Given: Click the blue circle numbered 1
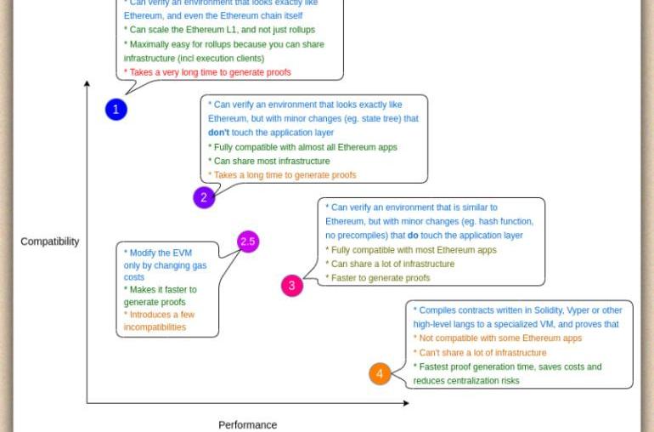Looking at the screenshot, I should pos(116,109).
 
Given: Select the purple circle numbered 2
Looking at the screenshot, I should pos(204,197).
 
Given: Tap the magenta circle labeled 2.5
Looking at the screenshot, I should pos(247,242).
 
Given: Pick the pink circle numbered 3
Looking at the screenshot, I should pos(291,286).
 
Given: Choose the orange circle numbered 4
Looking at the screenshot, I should pos(380,373).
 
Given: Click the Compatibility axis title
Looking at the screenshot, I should pos(50,242).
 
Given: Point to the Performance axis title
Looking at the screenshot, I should pos(247,424).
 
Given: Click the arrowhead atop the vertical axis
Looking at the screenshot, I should pos(87,83).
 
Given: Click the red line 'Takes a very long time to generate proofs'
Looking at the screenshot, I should pos(207,72).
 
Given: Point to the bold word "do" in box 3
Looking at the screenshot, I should pos(413,236).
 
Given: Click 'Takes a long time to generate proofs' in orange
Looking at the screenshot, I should pos(283,175).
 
